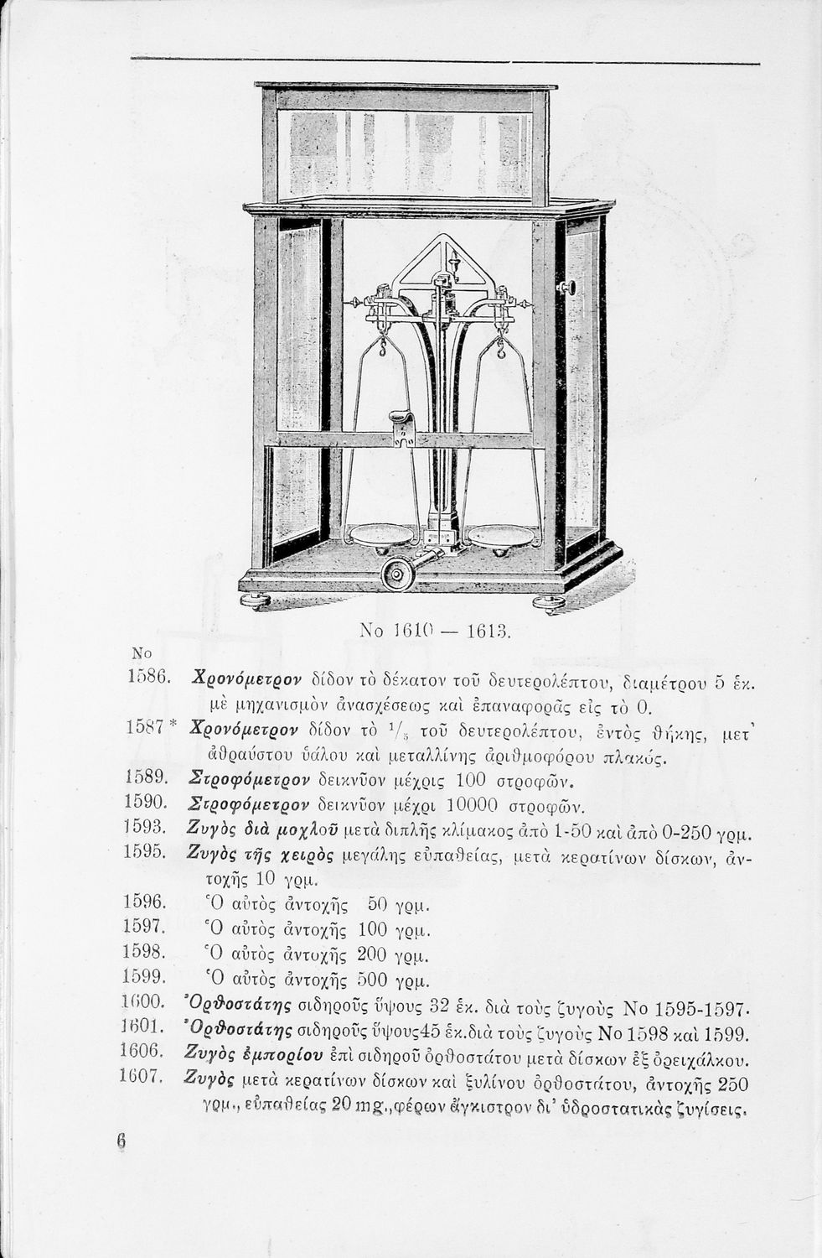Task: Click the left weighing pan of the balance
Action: pos(376,534)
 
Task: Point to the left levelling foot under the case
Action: pos(255,600)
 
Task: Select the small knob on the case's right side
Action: pos(569,288)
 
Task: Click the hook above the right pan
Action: pos(502,346)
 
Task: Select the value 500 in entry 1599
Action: pos(373,979)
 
